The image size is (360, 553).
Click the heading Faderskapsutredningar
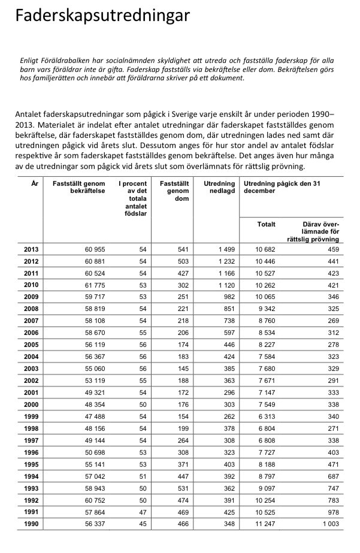[102, 16]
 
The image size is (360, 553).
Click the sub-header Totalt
[267, 225]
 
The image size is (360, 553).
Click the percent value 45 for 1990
[143, 524]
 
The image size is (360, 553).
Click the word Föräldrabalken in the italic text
[57, 61]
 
